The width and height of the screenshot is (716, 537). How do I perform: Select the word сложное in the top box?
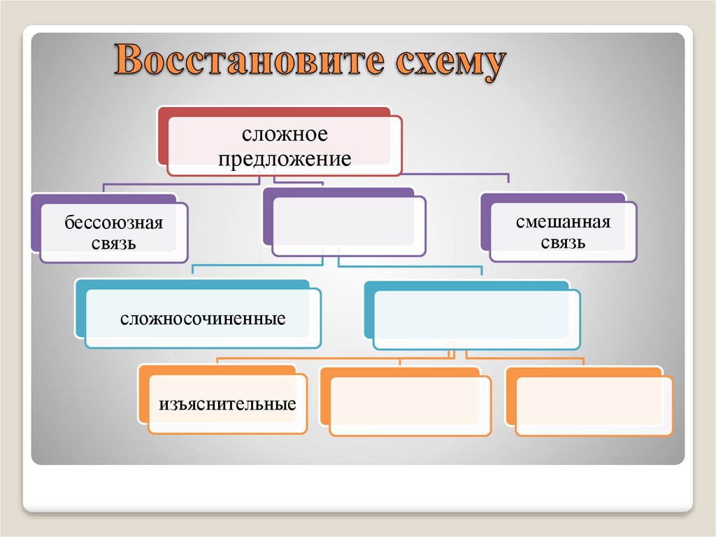pyautogui.click(x=285, y=134)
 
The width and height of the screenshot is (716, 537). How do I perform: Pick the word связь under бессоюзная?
pyautogui.click(x=114, y=244)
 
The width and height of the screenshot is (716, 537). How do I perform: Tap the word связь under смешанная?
pyautogui.click(x=563, y=243)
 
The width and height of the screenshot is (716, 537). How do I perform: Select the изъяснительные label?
pyautogui.click(x=227, y=404)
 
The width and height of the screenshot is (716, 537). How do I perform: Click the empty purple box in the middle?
pyautogui.click(x=348, y=225)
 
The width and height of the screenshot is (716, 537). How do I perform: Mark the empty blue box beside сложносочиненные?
pyautogui.click(x=476, y=319)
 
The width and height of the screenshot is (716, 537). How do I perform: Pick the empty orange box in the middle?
pyautogui.click(x=410, y=406)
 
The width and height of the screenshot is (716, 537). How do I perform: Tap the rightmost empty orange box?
pyautogui.click(x=594, y=406)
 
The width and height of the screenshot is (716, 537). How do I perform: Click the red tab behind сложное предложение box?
pyautogui.click(x=273, y=111)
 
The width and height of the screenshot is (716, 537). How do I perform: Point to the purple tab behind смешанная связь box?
pyautogui.click(x=552, y=197)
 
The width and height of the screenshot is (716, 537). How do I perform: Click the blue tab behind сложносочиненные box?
pyautogui.click(x=192, y=284)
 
